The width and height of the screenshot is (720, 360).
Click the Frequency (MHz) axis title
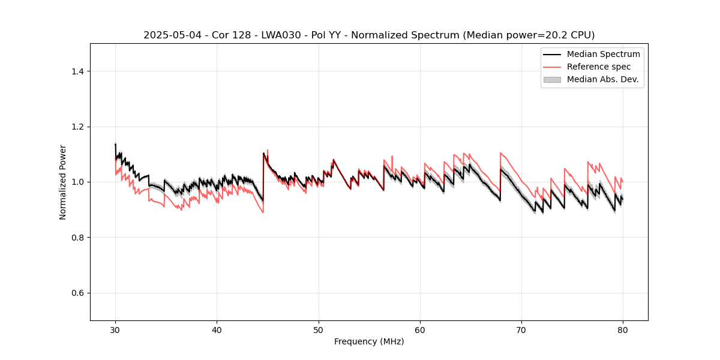369,341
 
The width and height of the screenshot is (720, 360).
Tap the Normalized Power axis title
63,182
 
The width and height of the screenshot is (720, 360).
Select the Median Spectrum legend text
603,54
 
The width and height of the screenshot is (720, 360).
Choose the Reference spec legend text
598,67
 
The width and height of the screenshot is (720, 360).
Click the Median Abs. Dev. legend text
602,79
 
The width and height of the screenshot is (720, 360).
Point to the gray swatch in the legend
552,79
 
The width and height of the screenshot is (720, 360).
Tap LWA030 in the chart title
272,35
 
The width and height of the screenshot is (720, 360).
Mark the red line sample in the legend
552,67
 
